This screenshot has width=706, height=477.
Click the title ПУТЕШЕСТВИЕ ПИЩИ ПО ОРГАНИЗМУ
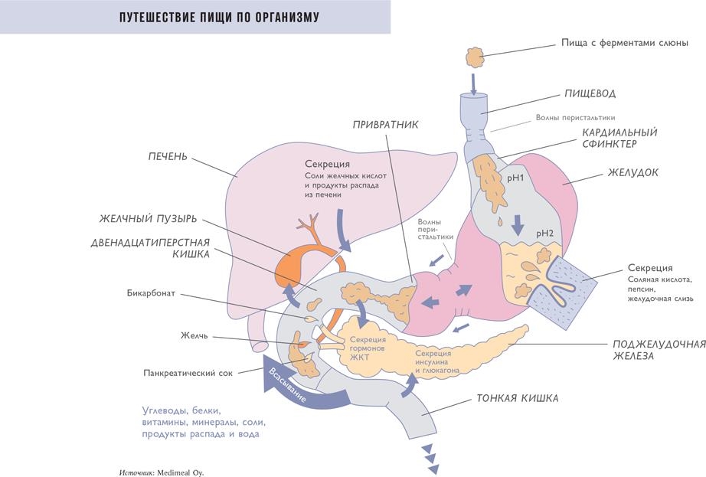pyautogui.click(x=208, y=17)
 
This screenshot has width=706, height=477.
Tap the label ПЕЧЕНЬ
pyautogui.click(x=168, y=158)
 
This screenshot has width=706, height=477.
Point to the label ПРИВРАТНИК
pyautogui.click(x=385, y=124)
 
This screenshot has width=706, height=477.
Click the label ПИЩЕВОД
pyautogui.click(x=590, y=93)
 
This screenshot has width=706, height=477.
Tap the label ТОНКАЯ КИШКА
pyautogui.click(x=518, y=399)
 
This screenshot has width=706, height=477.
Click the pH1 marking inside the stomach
pyautogui.click(x=515, y=178)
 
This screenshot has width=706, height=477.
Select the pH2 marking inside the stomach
pyautogui.click(x=544, y=233)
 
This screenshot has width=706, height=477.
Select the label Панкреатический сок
pyautogui.click(x=188, y=374)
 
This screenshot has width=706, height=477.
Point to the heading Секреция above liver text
pyautogui.click(x=327, y=164)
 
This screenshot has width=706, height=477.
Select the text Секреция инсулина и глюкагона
pyautogui.click(x=437, y=361)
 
